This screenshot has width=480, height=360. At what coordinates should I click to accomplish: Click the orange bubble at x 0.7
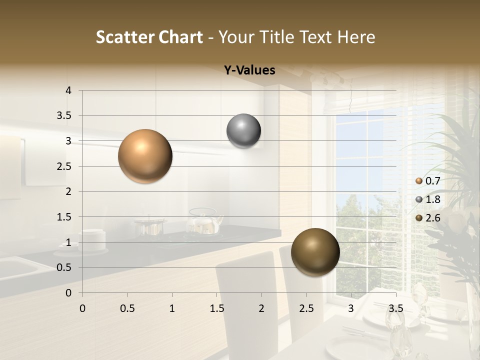(x=145, y=156)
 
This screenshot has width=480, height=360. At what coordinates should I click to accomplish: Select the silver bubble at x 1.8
(x=243, y=131)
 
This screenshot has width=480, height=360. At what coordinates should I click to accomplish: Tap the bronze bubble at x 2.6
(x=315, y=252)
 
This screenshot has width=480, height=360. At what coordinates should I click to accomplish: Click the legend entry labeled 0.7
(x=427, y=181)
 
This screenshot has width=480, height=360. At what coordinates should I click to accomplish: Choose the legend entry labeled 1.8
(x=427, y=199)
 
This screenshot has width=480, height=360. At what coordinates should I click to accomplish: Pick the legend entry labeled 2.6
(x=427, y=218)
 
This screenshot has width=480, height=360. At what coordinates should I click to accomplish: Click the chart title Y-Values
(x=249, y=70)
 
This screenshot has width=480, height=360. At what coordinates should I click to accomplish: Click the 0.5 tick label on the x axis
(x=127, y=308)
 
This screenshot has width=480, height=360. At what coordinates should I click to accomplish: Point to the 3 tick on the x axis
(x=351, y=308)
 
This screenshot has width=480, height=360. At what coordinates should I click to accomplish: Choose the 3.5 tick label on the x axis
(x=396, y=308)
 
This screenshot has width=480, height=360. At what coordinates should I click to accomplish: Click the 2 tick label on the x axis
(x=261, y=308)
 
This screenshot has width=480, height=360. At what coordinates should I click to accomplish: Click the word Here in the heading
(x=356, y=37)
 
